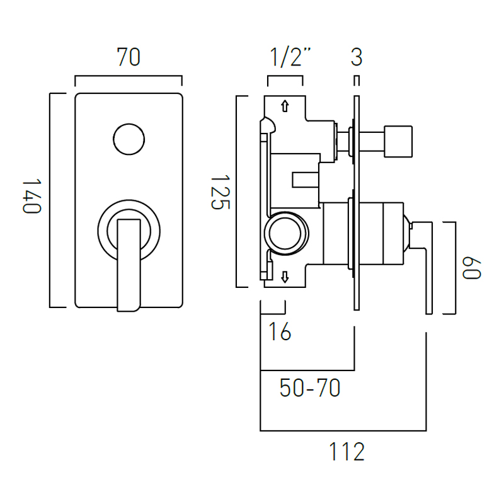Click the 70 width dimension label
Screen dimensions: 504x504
[x=128, y=57]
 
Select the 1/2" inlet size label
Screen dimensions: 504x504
[x=291, y=57]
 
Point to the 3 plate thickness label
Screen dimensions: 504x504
[x=357, y=57]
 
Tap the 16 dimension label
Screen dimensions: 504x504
[x=280, y=332]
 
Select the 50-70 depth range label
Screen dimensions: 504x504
[x=310, y=389]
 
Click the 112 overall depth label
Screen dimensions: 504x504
[x=347, y=452]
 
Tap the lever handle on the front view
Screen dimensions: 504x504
[x=129, y=265]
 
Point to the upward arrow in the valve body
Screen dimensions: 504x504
[x=285, y=106]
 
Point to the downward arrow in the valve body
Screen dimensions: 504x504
[x=285, y=276]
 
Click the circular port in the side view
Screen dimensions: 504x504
[x=287, y=232]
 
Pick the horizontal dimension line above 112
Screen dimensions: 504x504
[x=343, y=431]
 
